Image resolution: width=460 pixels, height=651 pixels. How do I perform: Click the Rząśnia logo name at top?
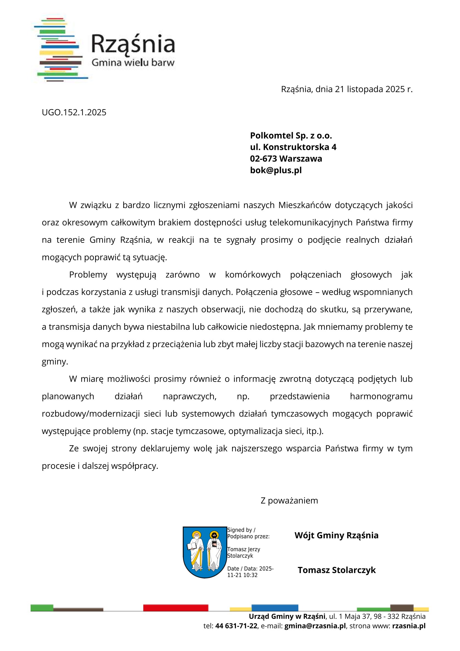coord(133,44)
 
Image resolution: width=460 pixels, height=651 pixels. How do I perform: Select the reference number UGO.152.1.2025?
coord(74,112)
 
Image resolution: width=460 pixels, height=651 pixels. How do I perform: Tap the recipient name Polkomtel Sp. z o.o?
coord(291,136)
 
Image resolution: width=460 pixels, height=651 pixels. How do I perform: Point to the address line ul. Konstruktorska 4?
coord(293,147)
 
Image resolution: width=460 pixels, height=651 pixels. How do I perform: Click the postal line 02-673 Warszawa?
coord(286,159)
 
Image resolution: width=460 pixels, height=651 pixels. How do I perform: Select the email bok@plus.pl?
coord(276,170)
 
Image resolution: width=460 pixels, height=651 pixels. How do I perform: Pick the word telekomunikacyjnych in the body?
coord(311,222)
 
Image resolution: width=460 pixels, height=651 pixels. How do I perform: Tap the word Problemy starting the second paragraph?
coord(88,275)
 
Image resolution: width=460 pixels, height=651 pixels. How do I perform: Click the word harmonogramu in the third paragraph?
coord(381,397)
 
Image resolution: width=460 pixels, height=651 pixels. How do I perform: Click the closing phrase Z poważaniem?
coord(289,501)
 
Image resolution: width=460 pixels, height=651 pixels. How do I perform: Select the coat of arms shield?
coord(205,552)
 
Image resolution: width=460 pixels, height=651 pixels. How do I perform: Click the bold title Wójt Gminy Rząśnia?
coord(336,535)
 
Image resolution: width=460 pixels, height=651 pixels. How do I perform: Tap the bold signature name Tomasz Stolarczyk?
coord(336,570)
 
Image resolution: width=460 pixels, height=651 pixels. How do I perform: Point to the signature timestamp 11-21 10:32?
coord(242,575)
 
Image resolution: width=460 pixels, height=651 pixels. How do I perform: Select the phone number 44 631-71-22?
coord(236,626)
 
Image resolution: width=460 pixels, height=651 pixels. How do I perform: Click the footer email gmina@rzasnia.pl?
coord(315,626)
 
